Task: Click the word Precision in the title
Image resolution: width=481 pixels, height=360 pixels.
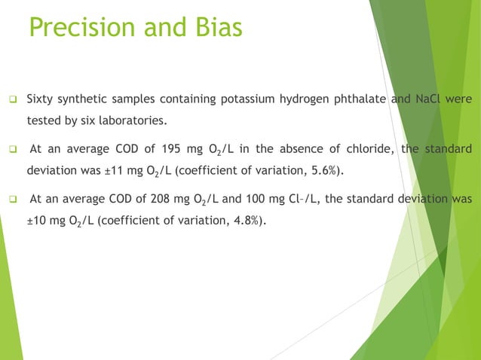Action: pos(80,28)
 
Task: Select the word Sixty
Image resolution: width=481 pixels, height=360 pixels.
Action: pos(40,99)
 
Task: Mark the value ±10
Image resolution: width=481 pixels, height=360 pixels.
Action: pos(39,221)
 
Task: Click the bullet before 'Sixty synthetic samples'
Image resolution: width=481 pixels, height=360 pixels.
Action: pos(13,100)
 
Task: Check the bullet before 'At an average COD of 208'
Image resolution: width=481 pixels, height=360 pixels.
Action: pos(13,200)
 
